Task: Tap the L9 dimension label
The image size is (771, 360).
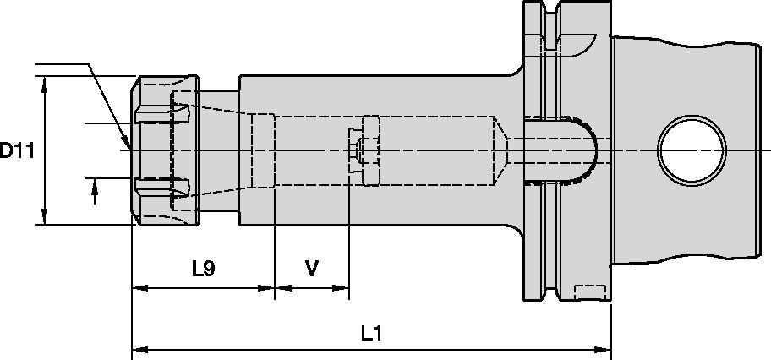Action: [203, 270]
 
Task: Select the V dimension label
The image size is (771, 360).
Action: [311, 270]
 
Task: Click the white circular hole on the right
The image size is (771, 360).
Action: [692, 150]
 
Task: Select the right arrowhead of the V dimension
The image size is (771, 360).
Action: [342, 289]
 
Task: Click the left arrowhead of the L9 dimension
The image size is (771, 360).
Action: [138, 289]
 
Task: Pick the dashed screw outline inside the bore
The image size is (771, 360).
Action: [364, 150]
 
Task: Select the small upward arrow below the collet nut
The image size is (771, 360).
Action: [95, 194]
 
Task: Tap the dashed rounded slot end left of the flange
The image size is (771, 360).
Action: [583, 150]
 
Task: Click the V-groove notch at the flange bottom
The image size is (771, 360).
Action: [553, 292]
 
